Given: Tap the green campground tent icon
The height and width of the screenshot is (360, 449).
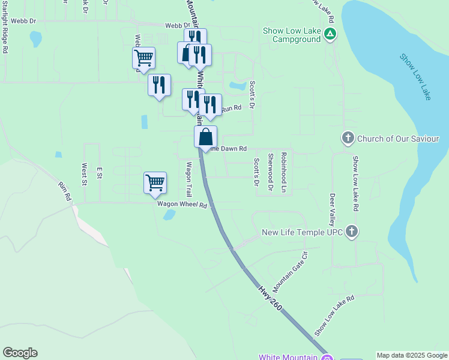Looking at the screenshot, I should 330,34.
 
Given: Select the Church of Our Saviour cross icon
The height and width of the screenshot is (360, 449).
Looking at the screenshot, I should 348,139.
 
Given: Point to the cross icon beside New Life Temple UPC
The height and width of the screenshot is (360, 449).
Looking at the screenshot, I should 352,232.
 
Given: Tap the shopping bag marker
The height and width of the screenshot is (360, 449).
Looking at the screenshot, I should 205,137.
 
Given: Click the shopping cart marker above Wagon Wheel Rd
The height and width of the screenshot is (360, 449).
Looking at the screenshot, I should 155,182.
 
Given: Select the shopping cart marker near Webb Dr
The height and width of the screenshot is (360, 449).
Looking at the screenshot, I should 144,58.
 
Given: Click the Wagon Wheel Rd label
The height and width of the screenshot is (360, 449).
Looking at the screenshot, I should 182,205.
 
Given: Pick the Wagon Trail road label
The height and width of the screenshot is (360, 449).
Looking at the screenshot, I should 188,179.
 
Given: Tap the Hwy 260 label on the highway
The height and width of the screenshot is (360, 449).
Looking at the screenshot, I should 271,298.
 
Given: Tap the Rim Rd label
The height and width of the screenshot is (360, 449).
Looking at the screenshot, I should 65,191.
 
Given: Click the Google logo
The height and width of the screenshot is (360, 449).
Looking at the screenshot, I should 20,353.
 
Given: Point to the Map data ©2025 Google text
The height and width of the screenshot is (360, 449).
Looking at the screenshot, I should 412,355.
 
